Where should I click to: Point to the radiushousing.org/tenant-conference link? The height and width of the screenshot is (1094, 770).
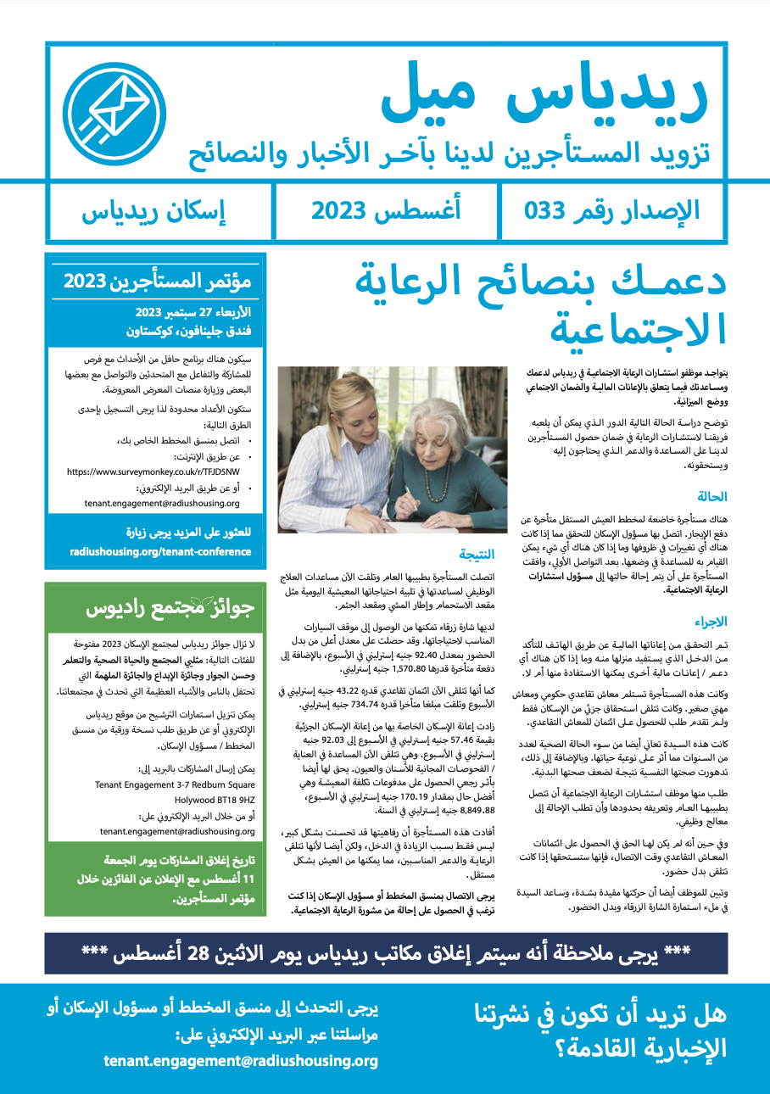160,551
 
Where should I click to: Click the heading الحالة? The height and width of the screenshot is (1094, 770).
711,497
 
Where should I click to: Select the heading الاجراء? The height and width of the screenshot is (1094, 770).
710,621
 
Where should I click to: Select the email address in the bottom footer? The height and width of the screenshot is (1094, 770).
241,1061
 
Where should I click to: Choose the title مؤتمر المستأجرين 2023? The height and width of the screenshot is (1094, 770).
159,282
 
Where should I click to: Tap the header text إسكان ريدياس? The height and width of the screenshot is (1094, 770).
154,210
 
